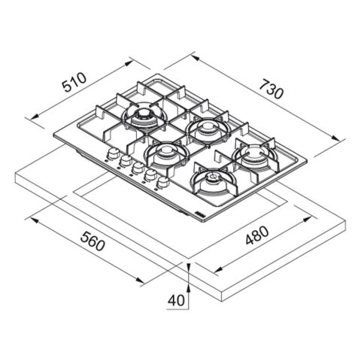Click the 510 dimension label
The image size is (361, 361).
pos(74,82)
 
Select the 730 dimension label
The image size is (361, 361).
pos(272,89)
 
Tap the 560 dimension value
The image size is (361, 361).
pos(93,241)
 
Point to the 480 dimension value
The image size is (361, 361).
pos(257,235)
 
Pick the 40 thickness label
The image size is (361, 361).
pos(176,300)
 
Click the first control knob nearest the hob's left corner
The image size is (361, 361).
pos(113,153)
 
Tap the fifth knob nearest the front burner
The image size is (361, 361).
pos(163,181)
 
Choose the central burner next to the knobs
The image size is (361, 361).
pos(166,154)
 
